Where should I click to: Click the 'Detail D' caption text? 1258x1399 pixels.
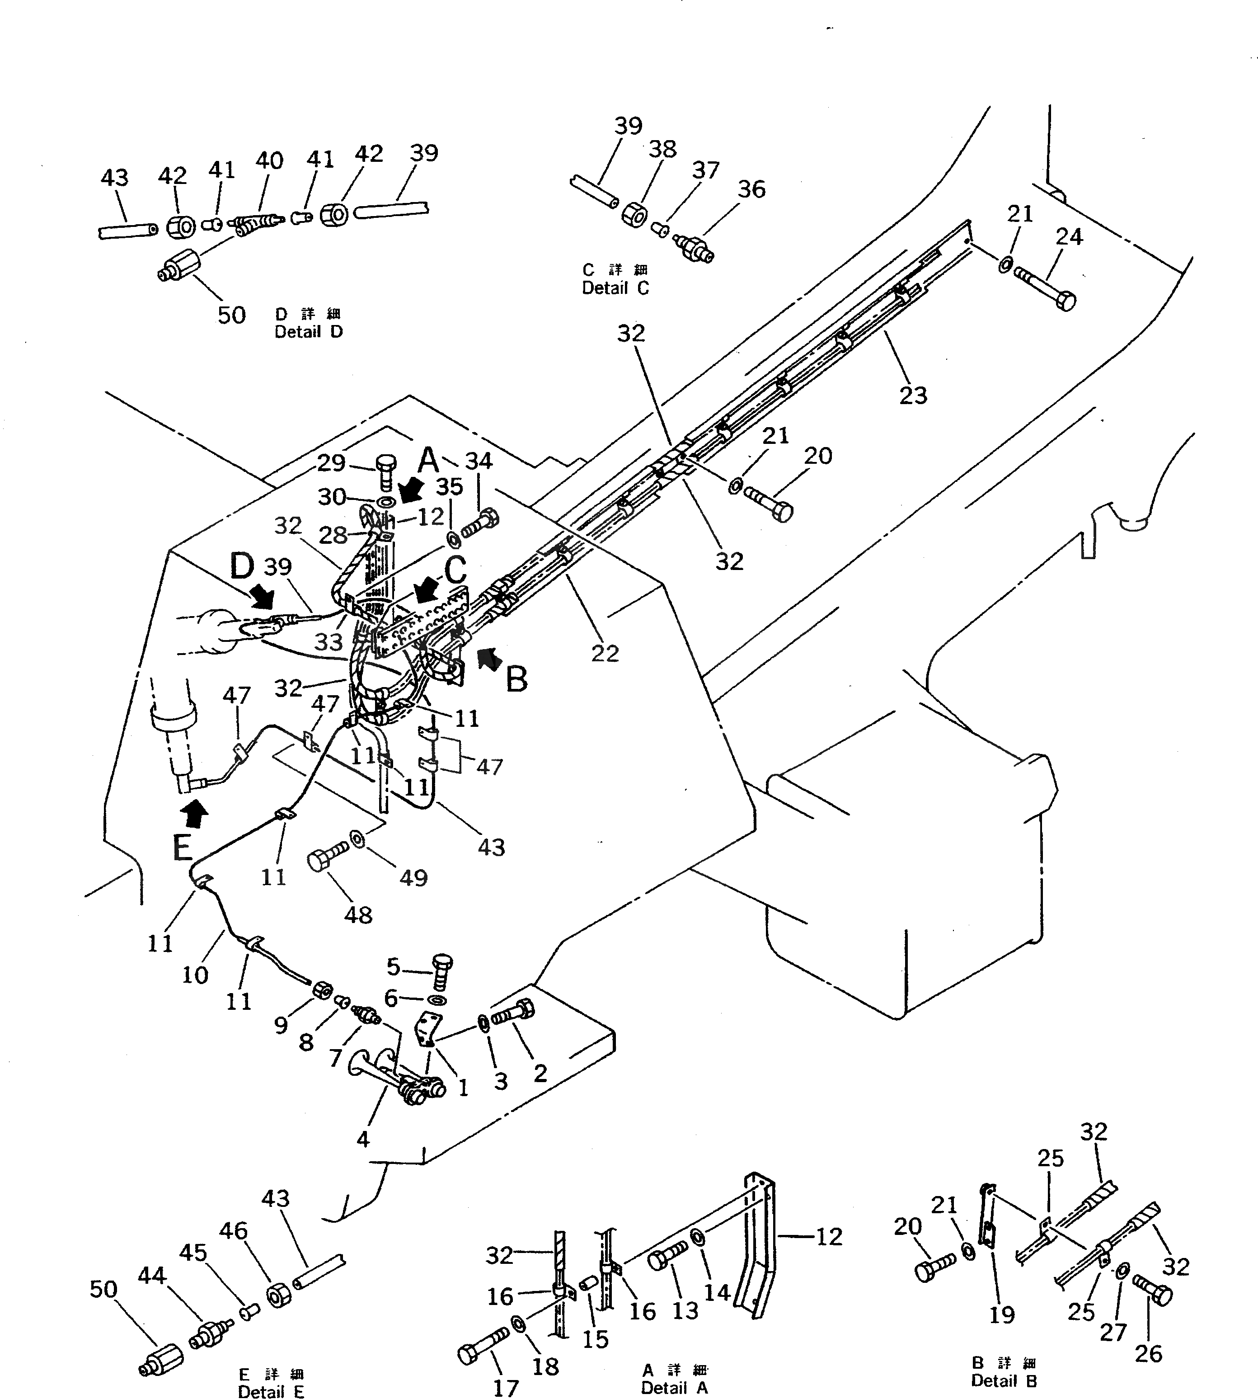(308, 332)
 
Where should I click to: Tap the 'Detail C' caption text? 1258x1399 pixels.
(615, 288)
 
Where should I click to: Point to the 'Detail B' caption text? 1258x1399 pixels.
(1004, 1380)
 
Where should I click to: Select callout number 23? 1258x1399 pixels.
(912, 396)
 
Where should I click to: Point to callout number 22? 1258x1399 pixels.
(605, 653)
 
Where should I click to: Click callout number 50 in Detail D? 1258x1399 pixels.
(231, 316)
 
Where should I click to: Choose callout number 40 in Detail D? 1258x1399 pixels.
(269, 160)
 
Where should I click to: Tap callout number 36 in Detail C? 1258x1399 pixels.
(751, 189)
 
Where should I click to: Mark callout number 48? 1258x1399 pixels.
(358, 915)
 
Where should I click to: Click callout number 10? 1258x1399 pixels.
(195, 975)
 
